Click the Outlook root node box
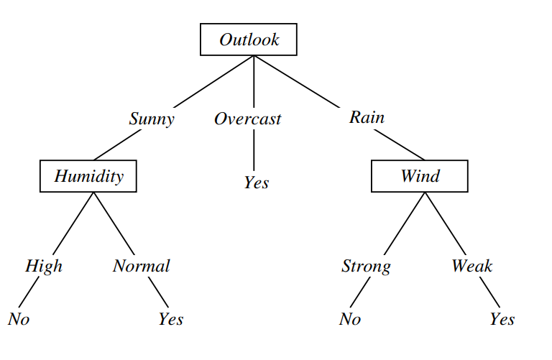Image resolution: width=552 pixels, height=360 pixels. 249,40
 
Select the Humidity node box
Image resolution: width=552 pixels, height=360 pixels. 88,176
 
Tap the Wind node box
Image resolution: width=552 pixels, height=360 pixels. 420,176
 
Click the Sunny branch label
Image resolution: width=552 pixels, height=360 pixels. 151,119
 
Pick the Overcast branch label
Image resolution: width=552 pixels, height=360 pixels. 247,119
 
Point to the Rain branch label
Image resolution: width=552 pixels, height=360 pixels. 367,117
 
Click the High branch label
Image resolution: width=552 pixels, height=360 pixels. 44,266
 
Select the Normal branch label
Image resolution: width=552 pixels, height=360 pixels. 141,266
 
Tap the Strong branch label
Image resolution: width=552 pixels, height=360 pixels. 366,267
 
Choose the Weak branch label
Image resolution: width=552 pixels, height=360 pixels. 471,266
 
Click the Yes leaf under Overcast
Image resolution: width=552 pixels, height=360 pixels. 256,183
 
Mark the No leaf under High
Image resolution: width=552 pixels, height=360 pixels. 19,319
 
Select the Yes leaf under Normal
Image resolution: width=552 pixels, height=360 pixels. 171,319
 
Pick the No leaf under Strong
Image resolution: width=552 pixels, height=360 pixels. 350,319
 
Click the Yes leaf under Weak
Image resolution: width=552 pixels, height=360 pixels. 502,319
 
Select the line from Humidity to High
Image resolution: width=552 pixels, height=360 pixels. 72,223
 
